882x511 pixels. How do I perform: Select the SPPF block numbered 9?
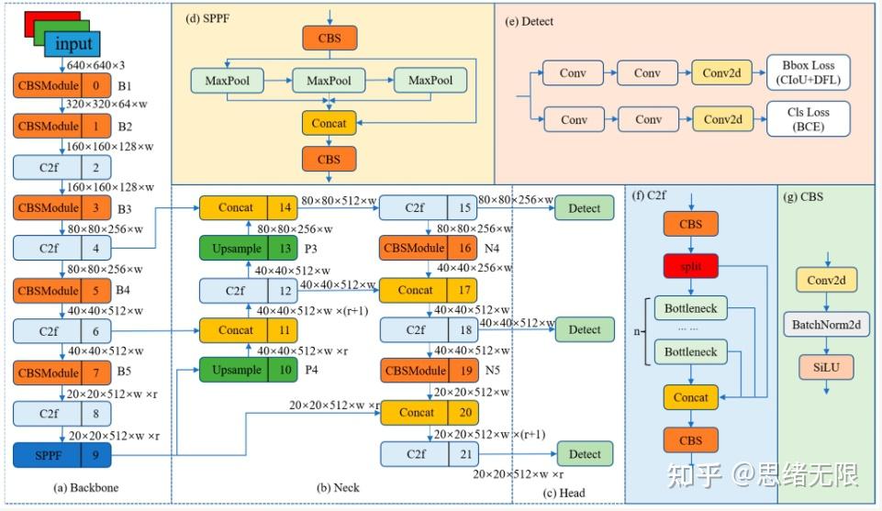[61, 454]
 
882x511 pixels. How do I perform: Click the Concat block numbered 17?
[428, 290]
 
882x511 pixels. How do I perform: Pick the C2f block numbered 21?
[428, 454]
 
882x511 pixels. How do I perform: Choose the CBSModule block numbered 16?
[428, 249]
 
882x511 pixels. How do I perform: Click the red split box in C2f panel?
[690, 266]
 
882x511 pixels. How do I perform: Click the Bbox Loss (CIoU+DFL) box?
[809, 73]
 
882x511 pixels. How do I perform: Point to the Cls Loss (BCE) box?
[809, 119]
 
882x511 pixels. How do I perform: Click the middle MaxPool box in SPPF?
[329, 81]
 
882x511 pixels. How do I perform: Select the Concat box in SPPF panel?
[329, 123]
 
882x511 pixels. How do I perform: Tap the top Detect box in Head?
[584, 208]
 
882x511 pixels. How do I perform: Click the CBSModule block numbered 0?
[61, 85]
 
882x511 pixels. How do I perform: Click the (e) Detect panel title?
[530, 20]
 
